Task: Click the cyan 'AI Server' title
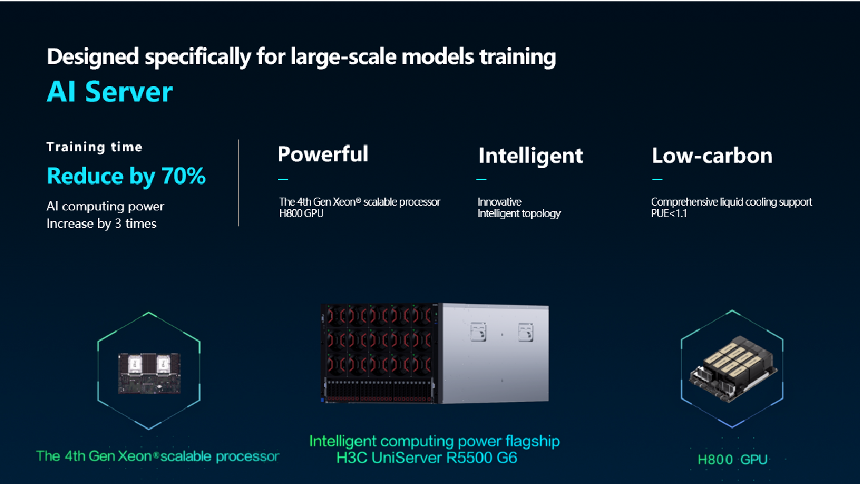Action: point(110,92)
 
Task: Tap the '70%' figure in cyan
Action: point(183,176)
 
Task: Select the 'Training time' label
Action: point(95,147)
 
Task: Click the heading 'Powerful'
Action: point(323,154)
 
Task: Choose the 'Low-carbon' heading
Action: point(712,155)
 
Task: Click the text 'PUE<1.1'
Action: point(669,214)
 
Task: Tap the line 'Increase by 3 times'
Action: point(101,224)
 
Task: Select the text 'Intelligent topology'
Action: point(519,214)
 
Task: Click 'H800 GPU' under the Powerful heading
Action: point(302,214)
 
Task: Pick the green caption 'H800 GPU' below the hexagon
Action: point(732,459)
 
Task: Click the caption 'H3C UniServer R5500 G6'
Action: point(427,458)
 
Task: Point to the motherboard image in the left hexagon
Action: point(149,373)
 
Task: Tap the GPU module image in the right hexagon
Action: point(733,369)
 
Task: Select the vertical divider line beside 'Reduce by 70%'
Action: point(239,183)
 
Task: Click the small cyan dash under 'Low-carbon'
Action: point(657,179)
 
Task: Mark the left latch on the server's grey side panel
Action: point(478,332)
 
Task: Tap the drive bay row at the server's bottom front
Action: point(380,391)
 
